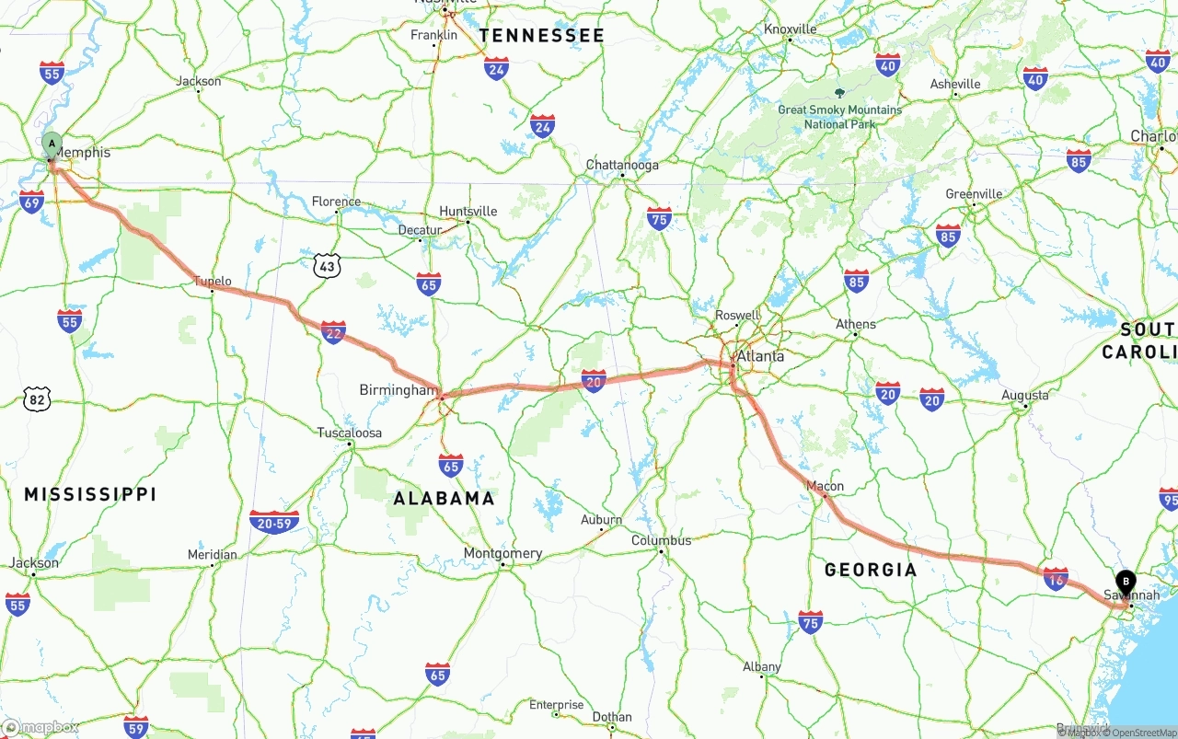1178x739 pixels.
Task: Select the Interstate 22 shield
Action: pyautogui.click(x=333, y=332)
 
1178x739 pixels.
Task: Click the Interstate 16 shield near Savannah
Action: pyautogui.click(x=1056, y=577)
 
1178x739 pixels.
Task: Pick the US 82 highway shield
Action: pyautogui.click(x=36, y=399)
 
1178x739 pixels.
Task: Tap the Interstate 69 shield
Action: pyautogui.click(x=31, y=202)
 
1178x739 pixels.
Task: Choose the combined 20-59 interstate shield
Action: pyautogui.click(x=274, y=522)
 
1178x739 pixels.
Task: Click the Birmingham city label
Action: pyautogui.click(x=398, y=390)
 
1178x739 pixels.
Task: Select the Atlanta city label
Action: pyautogui.click(x=760, y=356)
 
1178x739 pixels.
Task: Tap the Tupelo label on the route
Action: pyautogui.click(x=213, y=282)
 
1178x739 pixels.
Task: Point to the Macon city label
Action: pyautogui.click(x=824, y=486)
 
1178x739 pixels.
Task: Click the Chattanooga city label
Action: pyautogui.click(x=622, y=166)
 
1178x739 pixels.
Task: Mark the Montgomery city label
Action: pyautogui.click(x=502, y=554)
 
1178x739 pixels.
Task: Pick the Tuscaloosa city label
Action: pyautogui.click(x=349, y=433)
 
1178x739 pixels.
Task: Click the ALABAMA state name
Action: pyautogui.click(x=444, y=499)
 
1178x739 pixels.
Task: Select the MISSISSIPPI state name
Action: pyautogui.click(x=90, y=494)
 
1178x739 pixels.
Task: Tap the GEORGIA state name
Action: pyautogui.click(x=871, y=570)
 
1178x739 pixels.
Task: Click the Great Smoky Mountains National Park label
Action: pyautogui.click(x=839, y=116)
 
